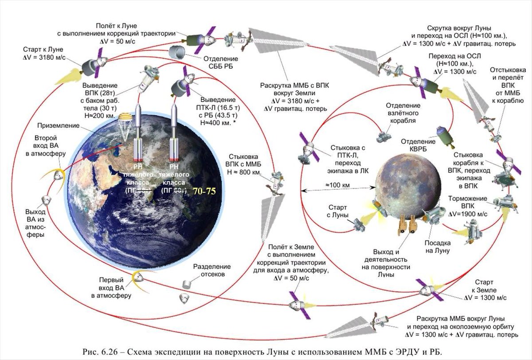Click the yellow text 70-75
tap(203, 192)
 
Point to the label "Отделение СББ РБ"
tap(220, 63)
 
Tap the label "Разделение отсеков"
tap(212, 270)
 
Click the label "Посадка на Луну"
tap(438, 247)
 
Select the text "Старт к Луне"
tap(43, 49)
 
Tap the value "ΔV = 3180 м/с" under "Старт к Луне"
tap(43, 57)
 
